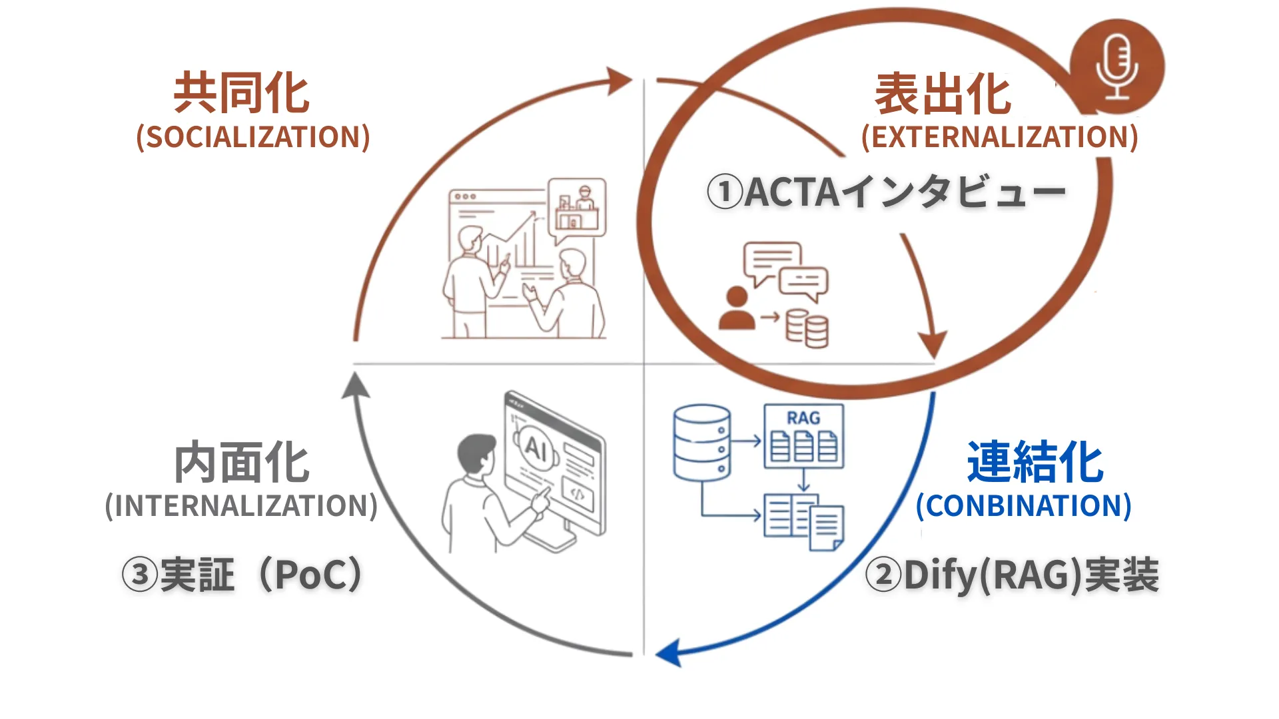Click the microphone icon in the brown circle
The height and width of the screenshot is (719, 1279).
[1117, 67]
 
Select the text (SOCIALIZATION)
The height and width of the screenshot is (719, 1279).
[253, 137]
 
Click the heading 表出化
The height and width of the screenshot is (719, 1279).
[943, 95]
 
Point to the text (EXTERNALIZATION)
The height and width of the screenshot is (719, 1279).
[999, 137]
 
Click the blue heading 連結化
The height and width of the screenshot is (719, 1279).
[1035, 462]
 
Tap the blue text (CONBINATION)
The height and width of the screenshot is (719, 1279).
[1023, 506]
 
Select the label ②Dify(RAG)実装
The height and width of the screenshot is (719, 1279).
[1012, 575]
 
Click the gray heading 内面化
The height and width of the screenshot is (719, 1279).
[242, 462]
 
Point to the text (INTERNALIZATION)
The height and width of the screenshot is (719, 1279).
[241, 506]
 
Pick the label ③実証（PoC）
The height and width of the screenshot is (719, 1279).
[242, 575]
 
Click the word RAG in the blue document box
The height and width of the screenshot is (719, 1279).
[803, 418]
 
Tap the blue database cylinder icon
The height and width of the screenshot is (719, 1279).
[701, 442]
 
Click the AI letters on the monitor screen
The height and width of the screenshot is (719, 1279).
[536, 447]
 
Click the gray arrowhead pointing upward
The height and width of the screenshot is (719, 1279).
[356, 386]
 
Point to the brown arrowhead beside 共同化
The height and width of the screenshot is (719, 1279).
[620, 81]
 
